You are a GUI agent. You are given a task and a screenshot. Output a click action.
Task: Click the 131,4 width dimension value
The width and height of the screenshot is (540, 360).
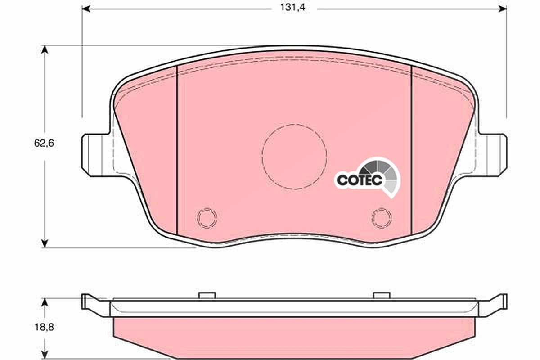[x=292, y=8]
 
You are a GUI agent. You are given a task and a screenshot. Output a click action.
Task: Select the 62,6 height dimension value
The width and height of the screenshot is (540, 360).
[x=44, y=143]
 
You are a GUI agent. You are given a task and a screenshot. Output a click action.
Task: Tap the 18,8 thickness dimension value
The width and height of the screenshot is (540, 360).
[x=44, y=327]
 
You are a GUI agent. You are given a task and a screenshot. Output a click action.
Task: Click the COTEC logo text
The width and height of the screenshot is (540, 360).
[x=360, y=180]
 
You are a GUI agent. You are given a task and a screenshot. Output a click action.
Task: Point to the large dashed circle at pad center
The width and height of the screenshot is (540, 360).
[x=262, y=157]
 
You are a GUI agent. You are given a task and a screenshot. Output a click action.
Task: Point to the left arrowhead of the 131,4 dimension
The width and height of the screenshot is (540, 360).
[x=86, y=9]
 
